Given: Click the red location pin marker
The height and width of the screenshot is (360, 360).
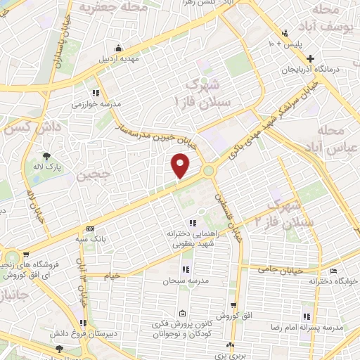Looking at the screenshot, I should [x=181, y=166].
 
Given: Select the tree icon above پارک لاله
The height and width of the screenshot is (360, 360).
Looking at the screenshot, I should [x=47, y=155].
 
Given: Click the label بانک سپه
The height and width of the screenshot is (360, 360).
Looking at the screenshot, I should [x=91, y=238].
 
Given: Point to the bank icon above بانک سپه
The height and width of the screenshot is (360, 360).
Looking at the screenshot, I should [x=90, y=229].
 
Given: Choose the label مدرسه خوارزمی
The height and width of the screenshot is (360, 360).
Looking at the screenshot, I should [x=96, y=104].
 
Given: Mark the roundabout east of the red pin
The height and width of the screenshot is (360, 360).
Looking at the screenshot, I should [x=209, y=170].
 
